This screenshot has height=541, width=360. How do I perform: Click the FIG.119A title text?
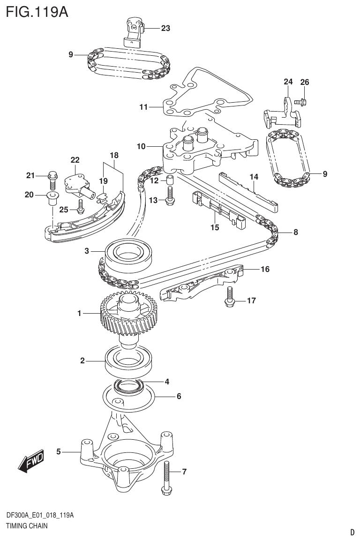[37, 11]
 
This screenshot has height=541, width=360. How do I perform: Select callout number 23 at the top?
[165, 28]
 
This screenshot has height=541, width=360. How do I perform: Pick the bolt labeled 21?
[52, 179]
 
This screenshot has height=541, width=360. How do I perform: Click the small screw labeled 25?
[81, 205]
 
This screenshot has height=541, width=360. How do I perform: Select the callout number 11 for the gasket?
[143, 107]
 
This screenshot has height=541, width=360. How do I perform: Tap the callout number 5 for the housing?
[59, 452]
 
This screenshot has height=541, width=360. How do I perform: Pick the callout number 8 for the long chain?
[295, 232]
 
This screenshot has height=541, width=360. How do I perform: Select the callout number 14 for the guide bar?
[254, 177]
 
